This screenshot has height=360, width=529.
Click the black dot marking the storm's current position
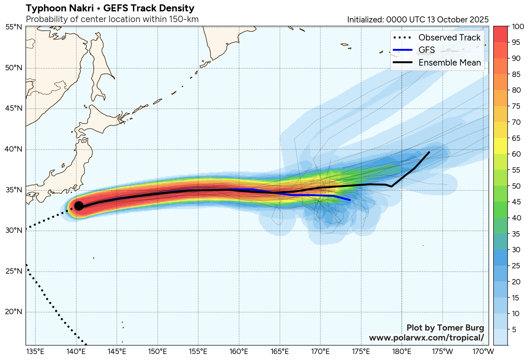(x=79, y=206)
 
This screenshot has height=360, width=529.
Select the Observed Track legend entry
(x=449, y=37)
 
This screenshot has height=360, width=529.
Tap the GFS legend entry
(x=427, y=50)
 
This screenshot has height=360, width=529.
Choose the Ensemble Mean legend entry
(x=449, y=63)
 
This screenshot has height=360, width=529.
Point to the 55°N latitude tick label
(x=14, y=27)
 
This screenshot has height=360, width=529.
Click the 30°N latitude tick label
(x=14, y=231)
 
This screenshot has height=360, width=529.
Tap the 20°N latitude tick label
(x=14, y=312)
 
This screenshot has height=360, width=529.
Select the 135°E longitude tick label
(x=35, y=352)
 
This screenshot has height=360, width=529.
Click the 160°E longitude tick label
(x=239, y=352)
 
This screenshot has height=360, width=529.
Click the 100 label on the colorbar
(x=518, y=27)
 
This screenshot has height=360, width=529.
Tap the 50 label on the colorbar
(x=516, y=186)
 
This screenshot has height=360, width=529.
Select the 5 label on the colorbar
(x=514, y=330)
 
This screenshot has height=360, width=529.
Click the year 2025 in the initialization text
(x=479, y=20)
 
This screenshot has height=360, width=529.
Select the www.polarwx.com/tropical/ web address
(x=426, y=338)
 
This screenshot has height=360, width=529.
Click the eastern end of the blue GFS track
(x=350, y=200)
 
